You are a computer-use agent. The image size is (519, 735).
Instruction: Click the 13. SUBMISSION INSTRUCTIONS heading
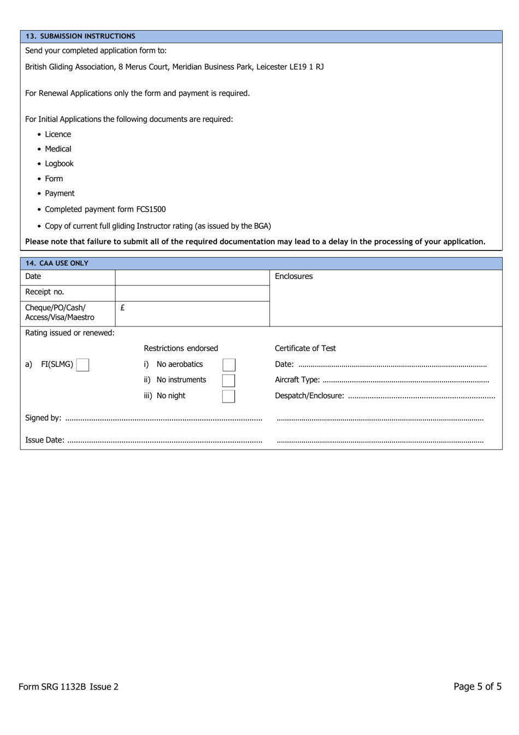[80, 36]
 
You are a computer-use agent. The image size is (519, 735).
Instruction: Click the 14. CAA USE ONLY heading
[57, 263]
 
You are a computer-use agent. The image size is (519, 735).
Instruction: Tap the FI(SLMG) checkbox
[82, 365]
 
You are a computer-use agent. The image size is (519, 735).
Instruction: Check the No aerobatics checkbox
[229, 365]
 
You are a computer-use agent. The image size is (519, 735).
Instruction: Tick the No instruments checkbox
[229, 380]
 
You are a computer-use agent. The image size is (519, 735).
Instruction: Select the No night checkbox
[229, 396]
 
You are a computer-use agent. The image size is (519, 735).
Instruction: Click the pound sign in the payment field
[122, 308]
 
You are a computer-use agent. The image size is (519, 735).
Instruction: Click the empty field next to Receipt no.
[192, 293]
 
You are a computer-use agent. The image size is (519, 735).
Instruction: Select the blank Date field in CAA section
[192, 277]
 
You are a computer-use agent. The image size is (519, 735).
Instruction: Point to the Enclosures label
[293, 277]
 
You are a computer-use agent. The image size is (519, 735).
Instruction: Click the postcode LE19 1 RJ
[306, 67]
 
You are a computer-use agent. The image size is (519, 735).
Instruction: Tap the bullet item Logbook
[59, 164]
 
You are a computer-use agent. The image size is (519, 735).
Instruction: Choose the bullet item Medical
[58, 149]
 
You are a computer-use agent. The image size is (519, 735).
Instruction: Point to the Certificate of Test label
[305, 348]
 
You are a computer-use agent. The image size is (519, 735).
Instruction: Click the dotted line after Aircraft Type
[405, 381]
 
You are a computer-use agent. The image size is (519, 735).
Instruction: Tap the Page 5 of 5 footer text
[477, 686]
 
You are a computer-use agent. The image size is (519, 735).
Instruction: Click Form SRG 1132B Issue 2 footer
[68, 687]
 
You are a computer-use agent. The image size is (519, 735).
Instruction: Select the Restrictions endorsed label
[181, 348]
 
